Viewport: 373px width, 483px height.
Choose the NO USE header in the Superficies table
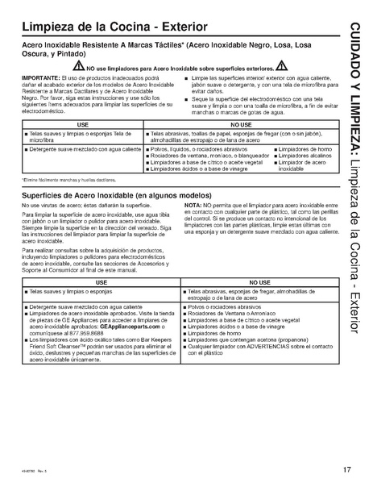(x=259, y=283)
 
